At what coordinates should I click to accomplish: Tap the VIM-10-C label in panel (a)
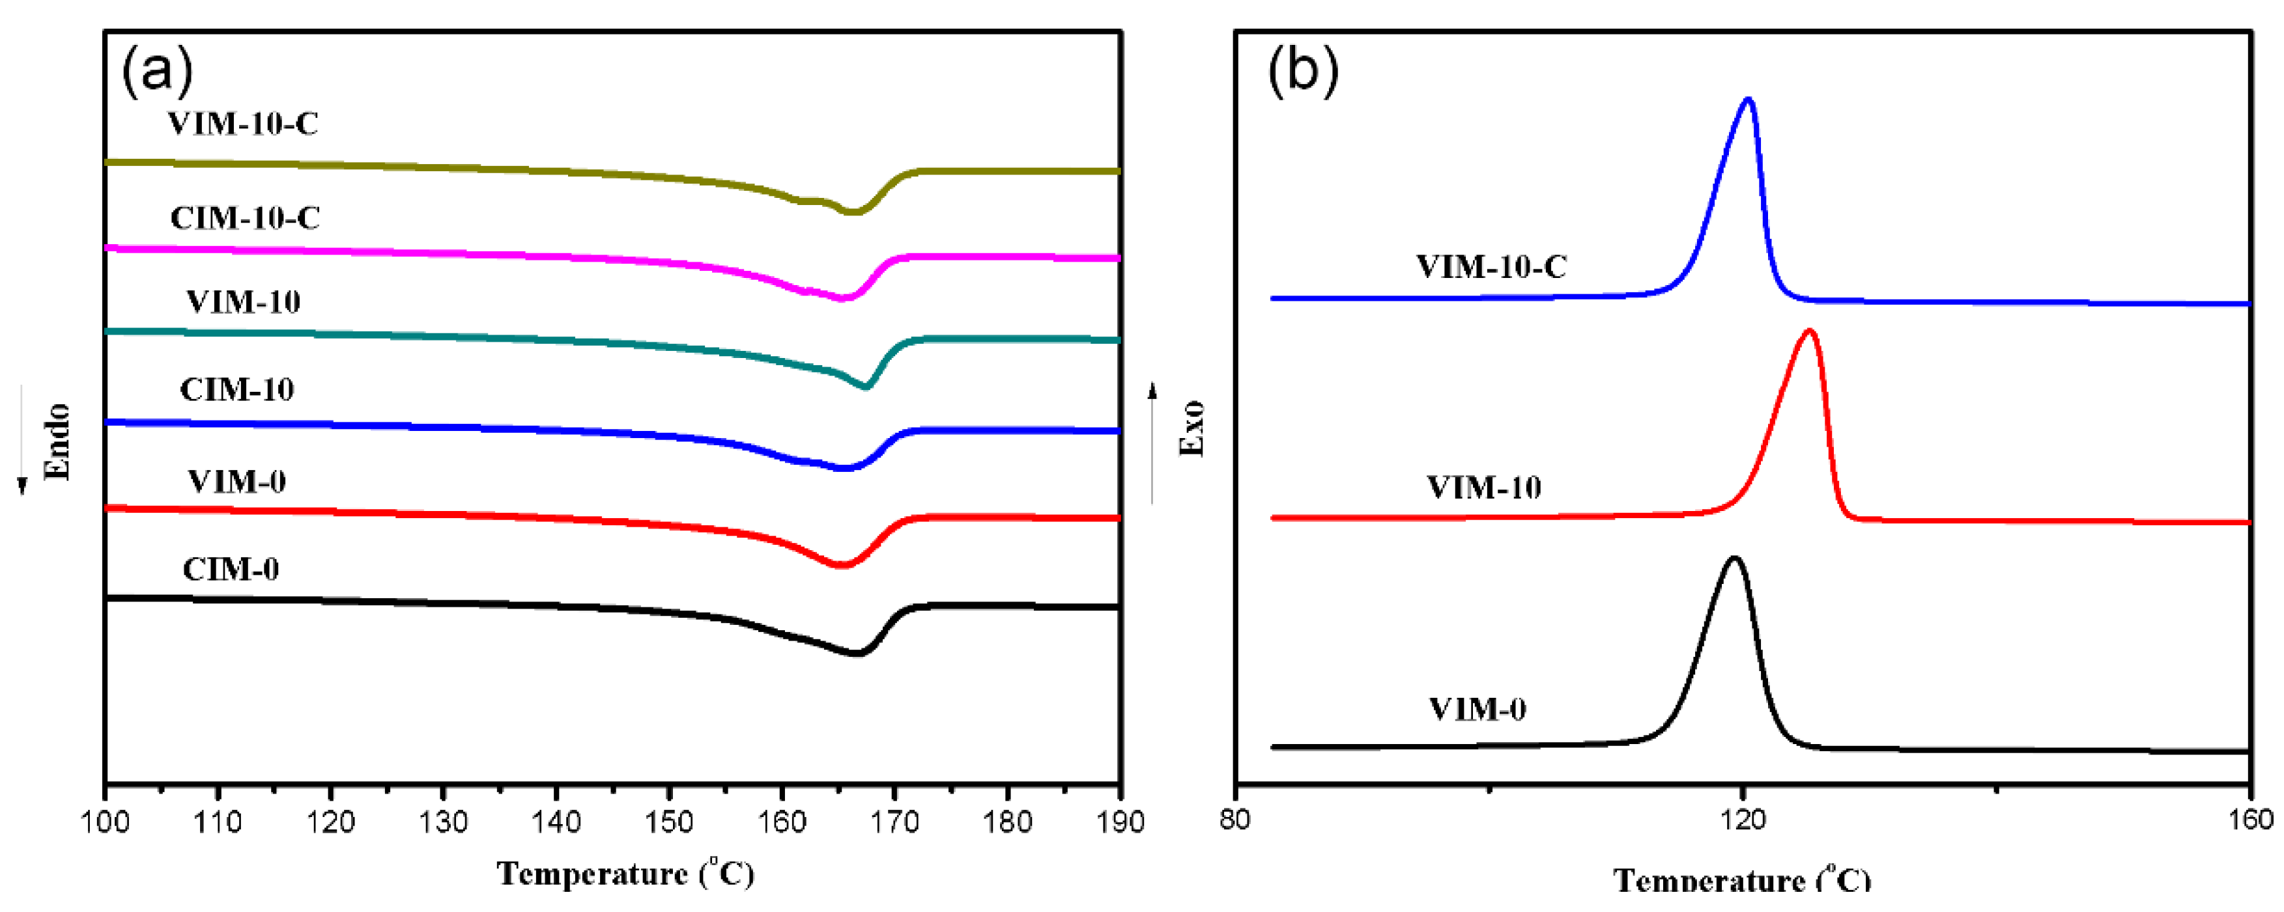[x=243, y=123]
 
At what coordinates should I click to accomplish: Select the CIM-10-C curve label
[x=245, y=218]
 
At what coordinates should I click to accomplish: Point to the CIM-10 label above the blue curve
[x=236, y=389]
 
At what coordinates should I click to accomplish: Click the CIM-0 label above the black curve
[x=231, y=569]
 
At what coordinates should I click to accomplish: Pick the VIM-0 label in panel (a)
[x=236, y=481]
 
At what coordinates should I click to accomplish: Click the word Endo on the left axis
[x=57, y=441]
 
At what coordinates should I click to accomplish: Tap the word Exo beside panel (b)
[x=1192, y=428]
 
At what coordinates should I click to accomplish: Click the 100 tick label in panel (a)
[x=105, y=822]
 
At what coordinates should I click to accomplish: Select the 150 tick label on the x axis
[x=668, y=822]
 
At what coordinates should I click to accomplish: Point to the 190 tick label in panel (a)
[x=1121, y=822]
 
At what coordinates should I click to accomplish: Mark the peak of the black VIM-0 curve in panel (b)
[x=1734, y=559]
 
